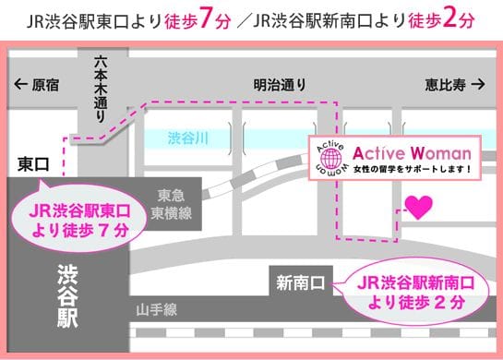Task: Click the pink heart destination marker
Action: coord(418,208)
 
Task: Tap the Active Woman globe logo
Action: coord(331,158)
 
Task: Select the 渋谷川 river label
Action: coord(188,138)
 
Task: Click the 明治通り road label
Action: coord(280,85)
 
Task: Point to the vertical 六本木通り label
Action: coord(101,90)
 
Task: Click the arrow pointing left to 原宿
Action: coord(21,84)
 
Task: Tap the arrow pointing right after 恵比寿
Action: coord(478,84)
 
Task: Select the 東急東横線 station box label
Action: coord(172,204)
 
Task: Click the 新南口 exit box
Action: coord(301,282)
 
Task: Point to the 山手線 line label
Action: coord(157,310)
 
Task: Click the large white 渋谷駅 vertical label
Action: coord(67,296)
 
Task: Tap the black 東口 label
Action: coord(33,164)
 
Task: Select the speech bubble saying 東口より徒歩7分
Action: coord(79,219)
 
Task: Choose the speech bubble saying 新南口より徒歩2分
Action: coord(415,292)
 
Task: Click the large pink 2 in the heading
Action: coord(449,19)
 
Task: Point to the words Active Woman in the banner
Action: coord(412,153)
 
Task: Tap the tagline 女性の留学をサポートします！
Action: coord(413,169)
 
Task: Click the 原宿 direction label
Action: coord(45,85)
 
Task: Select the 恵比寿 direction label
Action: coord(445,85)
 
